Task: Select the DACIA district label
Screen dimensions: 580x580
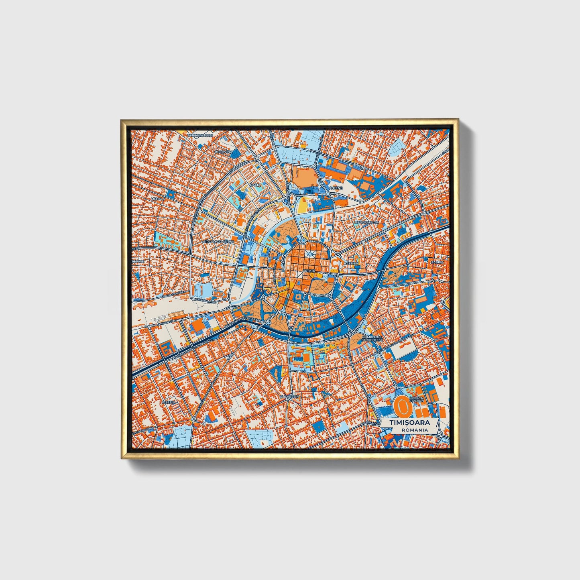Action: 255,185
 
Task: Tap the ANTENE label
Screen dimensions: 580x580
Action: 336,188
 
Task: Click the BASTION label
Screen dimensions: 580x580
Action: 351,263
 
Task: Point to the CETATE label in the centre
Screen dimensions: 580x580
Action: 309,271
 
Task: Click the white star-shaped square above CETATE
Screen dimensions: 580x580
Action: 309,254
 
